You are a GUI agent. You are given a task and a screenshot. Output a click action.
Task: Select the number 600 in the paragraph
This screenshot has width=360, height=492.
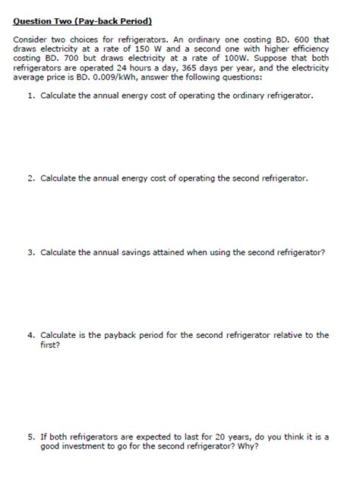coord(297,39)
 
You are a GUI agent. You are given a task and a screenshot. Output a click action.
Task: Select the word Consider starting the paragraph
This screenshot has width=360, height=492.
coord(32,39)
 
